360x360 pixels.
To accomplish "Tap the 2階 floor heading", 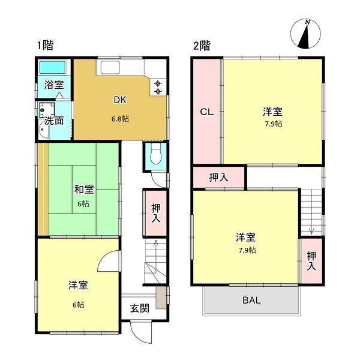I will (x=201, y=45).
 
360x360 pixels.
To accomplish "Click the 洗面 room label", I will (x=55, y=120).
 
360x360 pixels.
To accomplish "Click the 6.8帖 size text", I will (x=120, y=119).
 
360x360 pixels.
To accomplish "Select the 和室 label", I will (x=83, y=190).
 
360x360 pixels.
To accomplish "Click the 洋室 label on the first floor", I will (x=77, y=286).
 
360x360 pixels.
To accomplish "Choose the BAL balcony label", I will (x=251, y=300).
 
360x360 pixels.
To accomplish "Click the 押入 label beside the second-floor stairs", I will (x=311, y=260).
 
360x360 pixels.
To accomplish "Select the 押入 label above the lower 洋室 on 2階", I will (x=218, y=177).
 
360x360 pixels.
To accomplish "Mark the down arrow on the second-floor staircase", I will (x=311, y=229).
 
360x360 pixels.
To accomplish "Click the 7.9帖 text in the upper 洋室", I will (x=272, y=124).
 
